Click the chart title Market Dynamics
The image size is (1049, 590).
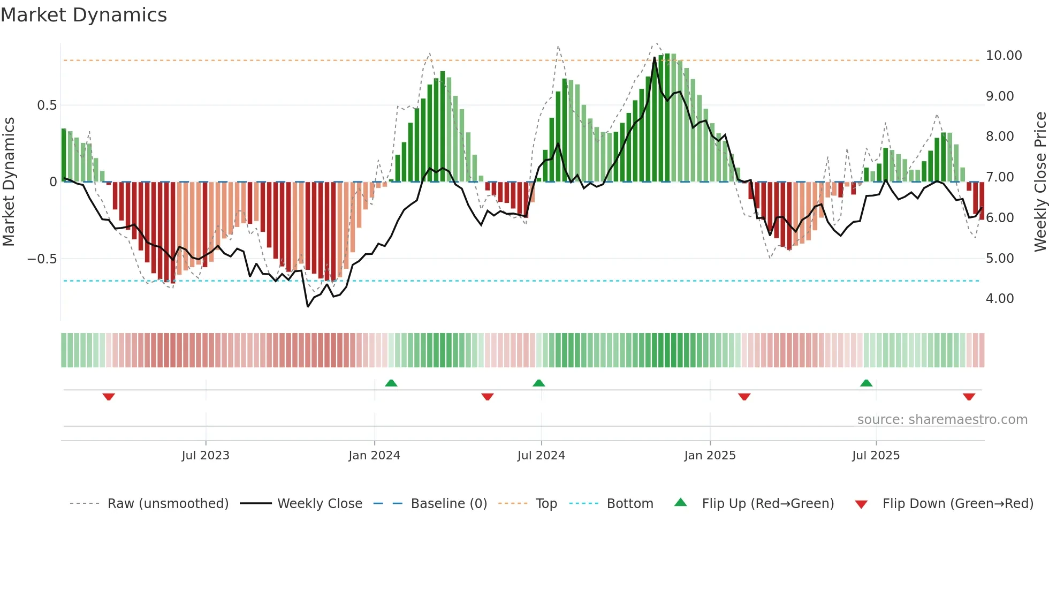point(83,15)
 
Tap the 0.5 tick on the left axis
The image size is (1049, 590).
point(47,105)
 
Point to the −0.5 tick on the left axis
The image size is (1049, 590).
point(42,259)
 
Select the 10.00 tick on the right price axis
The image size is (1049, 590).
point(1004,56)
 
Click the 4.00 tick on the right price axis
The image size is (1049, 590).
point(999,299)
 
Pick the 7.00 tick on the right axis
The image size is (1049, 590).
point(999,177)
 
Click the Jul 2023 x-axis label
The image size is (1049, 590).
point(206,456)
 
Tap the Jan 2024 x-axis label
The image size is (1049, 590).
point(374,456)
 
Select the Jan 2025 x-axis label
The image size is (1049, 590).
point(710,456)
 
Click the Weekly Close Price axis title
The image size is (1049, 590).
point(1040,181)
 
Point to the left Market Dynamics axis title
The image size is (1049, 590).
point(9,181)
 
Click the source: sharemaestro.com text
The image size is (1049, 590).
point(942,420)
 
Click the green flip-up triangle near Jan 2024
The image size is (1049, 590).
point(391,383)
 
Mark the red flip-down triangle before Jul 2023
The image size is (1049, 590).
point(109,397)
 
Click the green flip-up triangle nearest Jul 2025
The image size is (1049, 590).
point(866,383)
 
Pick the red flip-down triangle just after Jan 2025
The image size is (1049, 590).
point(744,397)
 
